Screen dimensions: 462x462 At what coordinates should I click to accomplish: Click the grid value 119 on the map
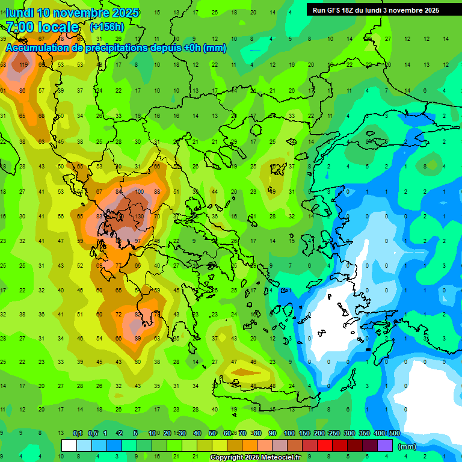click(23, 65)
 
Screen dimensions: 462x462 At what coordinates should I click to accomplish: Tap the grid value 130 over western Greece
click(139, 217)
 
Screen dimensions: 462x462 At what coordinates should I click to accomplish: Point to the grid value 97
click(138, 241)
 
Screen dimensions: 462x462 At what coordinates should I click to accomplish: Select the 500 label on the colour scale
click(394, 434)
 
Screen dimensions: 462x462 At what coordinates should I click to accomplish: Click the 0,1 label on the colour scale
click(78, 434)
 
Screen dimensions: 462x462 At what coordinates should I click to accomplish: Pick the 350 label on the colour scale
click(364, 434)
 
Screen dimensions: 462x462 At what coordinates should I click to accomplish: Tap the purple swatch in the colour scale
click(385, 446)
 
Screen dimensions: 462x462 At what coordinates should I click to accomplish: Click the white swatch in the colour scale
click(69, 446)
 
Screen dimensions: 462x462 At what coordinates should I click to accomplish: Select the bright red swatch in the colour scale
click(325, 446)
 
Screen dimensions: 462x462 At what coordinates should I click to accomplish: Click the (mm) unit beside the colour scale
click(407, 446)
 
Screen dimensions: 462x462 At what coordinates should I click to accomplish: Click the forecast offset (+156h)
click(106, 26)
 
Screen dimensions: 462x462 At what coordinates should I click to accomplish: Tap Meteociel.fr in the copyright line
click(285, 458)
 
